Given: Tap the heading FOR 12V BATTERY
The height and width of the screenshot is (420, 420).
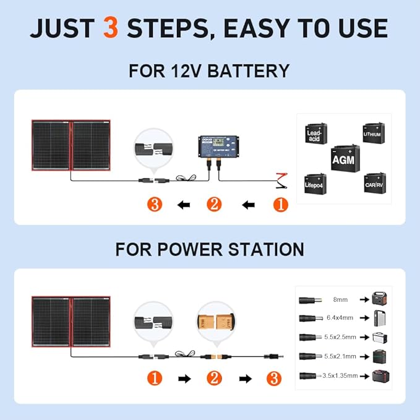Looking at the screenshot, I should [209, 71].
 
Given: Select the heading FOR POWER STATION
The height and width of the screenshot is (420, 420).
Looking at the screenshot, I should [209, 249].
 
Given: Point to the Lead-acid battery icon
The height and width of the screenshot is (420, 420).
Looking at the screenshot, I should [315, 134].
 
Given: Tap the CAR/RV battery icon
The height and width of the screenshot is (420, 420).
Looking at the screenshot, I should [375, 184].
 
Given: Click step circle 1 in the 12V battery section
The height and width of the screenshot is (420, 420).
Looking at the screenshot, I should [280, 204].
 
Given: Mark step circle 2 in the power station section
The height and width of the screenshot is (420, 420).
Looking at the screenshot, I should [214, 377].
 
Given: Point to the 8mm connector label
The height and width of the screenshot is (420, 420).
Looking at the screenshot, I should [340, 299].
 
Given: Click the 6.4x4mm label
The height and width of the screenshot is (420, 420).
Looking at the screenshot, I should [340, 318].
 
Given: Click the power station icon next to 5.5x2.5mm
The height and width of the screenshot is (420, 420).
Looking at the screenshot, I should [379, 337].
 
